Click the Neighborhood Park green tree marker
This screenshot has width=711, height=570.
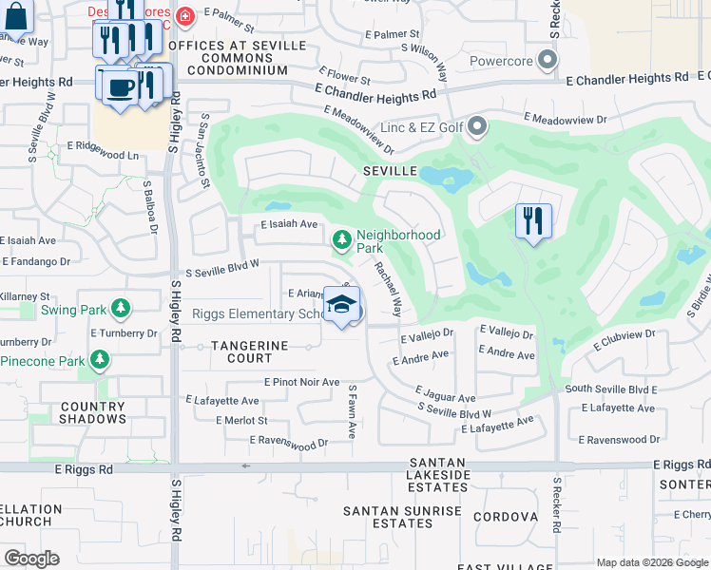point(341,240)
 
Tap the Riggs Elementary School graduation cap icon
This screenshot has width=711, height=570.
point(341,305)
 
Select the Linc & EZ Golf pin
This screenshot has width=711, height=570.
point(477,126)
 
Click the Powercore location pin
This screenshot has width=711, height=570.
point(547,62)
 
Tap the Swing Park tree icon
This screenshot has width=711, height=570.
point(120,308)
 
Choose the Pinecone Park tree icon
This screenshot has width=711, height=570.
point(99,360)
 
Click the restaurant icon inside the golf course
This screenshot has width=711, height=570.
point(532,221)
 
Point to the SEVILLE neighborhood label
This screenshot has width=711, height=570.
point(390,171)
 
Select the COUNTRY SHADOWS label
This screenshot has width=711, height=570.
point(92,412)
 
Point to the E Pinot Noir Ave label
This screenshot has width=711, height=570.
point(301,382)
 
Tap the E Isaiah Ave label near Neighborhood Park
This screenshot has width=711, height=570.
point(289,224)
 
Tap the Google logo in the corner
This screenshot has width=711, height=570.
point(31,558)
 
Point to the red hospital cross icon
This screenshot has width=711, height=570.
point(184,15)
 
